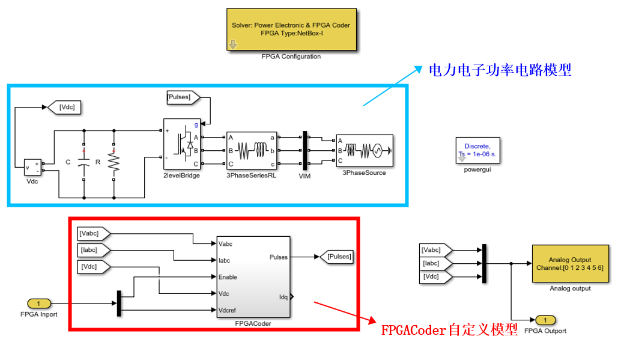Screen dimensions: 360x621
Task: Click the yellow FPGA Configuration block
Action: pyautogui.click(x=291, y=29)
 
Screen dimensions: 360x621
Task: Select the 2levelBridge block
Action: pyautogui.click(x=182, y=144)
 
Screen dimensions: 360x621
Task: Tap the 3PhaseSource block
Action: pyautogui.click(x=364, y=150)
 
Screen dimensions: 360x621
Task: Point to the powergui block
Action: pyautogui.click(x=477, y=150)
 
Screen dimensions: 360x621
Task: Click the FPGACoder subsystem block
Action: pyautogui.click(x=252, y=277)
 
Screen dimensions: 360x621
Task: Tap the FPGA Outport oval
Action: pyautogui.click(x=545, y=319)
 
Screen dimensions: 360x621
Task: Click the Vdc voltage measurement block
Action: pyautogui.click(x=32, y=168)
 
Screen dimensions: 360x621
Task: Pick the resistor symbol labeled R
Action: pyautogui.click(x=114, y=162)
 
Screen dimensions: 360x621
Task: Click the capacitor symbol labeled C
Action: pyautogui.click(x=84, y=162)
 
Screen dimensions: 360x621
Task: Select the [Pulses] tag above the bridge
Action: pyautogui.click(x=187, y=97)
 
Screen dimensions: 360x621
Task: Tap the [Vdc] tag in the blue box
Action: pyautogui.click(x=65, y=108)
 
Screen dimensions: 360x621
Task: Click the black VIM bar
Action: pyautogui.click(x=304, y=150)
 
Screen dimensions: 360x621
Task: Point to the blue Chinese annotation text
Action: pyautogui.click(x=499, y=70)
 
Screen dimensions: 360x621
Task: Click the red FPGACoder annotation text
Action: pyautogui.click(x=449, y=330)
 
